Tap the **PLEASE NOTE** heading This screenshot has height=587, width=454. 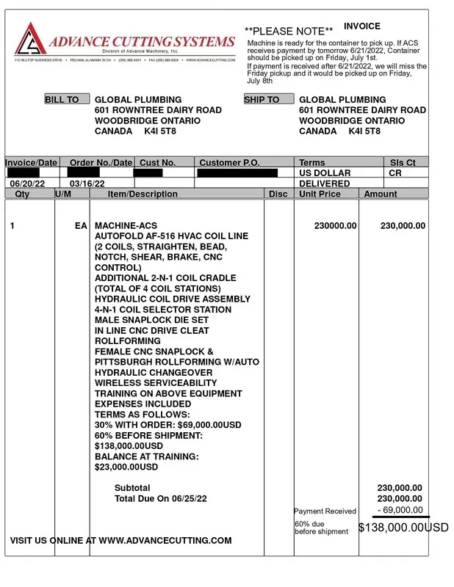pos(289,32)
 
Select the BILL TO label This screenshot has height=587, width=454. pos(62,100)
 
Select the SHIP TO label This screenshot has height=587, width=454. pos(262,100)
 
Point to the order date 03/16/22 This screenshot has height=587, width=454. pos(87,183)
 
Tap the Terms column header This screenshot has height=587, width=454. pos(312,163)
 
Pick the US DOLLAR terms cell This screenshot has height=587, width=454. pos(325,173)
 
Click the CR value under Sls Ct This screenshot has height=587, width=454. pos(394,173)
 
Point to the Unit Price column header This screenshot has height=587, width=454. pos(320,194)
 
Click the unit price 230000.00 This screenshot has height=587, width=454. pos(335,226)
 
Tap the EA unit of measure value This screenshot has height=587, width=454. pos(81,226)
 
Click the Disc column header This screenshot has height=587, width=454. pos(278,194)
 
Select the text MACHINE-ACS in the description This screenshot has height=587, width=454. pos(126,226)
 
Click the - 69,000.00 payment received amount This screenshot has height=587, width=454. pos(400,510)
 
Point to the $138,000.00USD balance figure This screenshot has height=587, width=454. pos(403,528)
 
